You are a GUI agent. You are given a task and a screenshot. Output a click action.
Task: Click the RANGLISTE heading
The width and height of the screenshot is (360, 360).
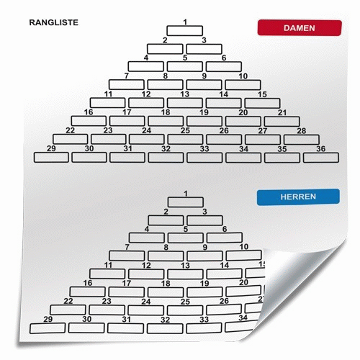point(54,22)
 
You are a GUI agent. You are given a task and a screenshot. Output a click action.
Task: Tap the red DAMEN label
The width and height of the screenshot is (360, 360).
point(300,28)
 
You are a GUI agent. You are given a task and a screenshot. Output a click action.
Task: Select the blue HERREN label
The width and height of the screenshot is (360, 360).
point(298,197)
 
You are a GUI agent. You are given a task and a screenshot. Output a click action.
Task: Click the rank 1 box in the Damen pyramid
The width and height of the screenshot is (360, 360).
point(185,31)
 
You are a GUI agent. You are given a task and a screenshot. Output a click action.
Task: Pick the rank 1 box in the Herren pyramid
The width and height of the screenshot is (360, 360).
point(186,202)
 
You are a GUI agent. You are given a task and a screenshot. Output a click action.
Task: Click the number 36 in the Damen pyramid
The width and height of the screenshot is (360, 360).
point(320,149)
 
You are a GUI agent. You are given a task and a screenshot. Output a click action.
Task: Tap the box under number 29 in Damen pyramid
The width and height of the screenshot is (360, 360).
point(51,158)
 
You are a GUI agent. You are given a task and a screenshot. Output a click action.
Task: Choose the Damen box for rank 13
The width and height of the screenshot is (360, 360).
point(185,103)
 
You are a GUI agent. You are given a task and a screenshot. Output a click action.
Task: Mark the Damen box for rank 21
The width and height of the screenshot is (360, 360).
point(282,122)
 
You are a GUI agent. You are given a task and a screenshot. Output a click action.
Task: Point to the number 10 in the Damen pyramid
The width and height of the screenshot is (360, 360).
point(243,76)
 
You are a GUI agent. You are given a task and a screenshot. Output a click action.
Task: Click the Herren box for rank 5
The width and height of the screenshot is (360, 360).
point(186,238)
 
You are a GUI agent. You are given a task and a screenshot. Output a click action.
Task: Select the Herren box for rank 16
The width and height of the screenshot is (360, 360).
point(88,292)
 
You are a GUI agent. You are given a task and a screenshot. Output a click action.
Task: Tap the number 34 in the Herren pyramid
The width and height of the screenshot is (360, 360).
point(243,318)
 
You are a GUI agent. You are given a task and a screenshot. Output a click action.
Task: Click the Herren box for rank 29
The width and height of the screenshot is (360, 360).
point(48,328)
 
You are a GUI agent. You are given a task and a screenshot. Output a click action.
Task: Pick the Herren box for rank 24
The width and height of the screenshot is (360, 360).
point(146,310)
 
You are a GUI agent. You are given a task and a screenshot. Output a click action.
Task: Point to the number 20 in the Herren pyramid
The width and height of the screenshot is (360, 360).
point(243,282)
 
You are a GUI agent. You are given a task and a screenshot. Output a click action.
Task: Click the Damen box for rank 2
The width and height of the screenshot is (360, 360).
point(165,49)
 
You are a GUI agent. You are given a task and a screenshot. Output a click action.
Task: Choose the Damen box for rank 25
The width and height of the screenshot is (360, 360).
point(185,139)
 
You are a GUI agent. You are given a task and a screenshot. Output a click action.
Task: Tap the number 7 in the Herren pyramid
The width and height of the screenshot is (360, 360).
point(127,247)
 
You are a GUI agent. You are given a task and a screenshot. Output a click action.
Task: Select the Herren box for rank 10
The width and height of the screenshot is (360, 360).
point(244,256)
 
